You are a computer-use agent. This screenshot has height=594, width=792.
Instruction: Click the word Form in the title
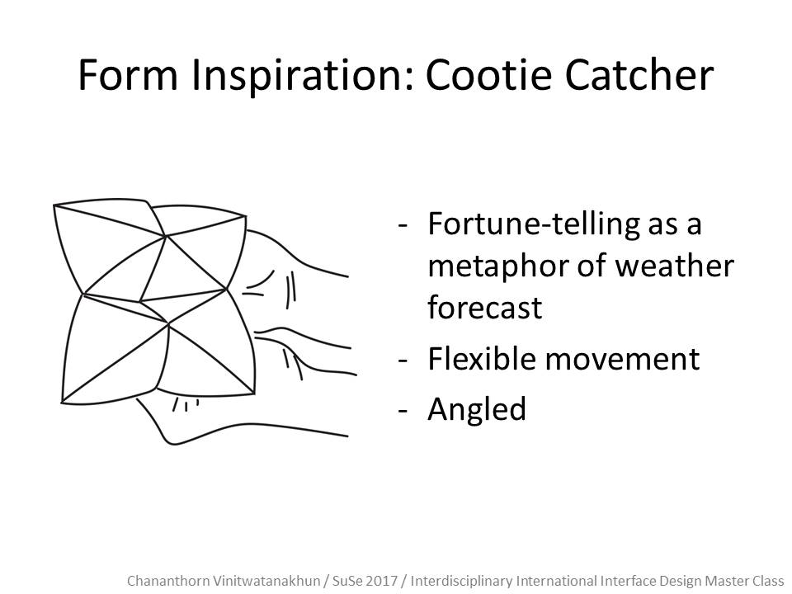coord(128,75)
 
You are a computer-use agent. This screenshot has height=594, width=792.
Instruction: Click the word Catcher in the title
coord(639,75)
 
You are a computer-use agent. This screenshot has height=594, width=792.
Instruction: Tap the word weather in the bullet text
coord(674,266)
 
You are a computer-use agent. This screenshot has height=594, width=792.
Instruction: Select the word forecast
coord(484,308)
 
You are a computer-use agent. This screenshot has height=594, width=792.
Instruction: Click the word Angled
coord(476,410)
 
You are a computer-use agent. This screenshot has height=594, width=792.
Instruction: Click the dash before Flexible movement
coord(403,361)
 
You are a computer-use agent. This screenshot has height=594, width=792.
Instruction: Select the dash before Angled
coord(403,411)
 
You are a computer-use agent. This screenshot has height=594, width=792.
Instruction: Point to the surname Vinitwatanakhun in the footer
coord(263,581)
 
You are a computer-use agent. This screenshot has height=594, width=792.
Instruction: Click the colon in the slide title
coord(410,81)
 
